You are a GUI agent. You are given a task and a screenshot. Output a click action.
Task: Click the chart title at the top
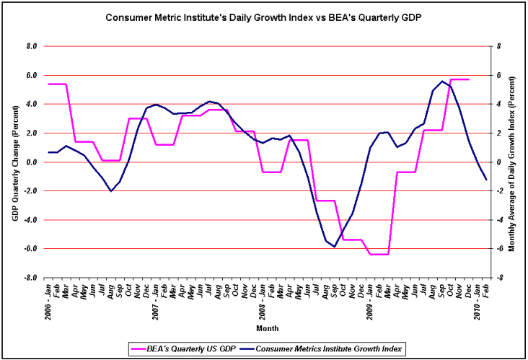pos(264,17)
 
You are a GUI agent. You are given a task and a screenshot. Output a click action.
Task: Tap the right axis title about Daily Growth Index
pos(512,162)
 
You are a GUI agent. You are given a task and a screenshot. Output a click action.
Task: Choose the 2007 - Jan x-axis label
pos(155,302)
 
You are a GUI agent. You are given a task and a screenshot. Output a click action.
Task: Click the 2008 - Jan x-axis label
pos(262,302)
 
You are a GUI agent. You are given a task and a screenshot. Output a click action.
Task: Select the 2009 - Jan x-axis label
pos(369,302)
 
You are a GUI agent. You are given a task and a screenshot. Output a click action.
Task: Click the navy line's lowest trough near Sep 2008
pos(334,247)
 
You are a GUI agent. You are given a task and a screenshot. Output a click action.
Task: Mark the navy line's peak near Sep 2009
pos(441,81)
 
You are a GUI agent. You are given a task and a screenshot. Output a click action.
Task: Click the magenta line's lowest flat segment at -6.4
pos(379,254)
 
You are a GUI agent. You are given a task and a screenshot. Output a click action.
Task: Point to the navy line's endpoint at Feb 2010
pos(486,180)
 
